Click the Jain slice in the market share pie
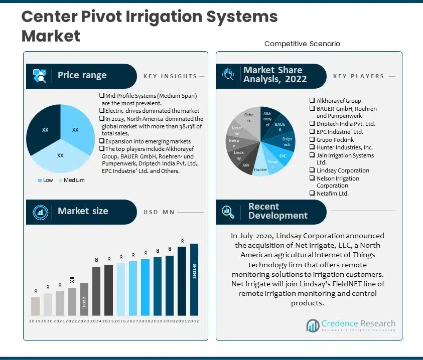tap(246, 164)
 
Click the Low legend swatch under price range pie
tap(40, 180)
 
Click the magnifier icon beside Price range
tap(40, 76)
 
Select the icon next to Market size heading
tap(40, 212)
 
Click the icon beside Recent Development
tap(229, 212)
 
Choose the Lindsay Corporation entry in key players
tap(343, 170)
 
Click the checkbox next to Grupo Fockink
tap(312, 140)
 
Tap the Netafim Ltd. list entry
tap(332, 193)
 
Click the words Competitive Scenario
tap(302, 44)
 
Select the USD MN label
tap(159, 212)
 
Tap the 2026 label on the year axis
tap(121, 321)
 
